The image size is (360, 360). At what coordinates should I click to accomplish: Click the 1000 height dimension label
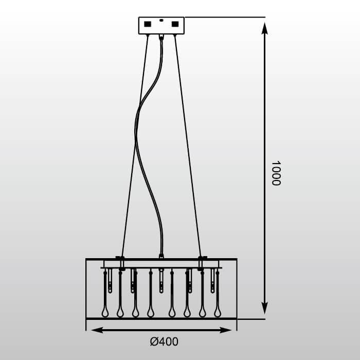(x=276, y=173)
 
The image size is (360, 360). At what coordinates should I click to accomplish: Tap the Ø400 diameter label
(x=164, y=341)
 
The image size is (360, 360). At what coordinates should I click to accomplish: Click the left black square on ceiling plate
(x=148, y=24)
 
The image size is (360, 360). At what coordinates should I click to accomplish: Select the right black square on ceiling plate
(x=175, y=24)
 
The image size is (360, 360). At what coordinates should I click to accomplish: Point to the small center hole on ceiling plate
(x=161, y=20)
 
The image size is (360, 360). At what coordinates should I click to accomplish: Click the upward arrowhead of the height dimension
(x=265, y=28)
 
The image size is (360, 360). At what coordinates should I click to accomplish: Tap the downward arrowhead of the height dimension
(x=265, y=308)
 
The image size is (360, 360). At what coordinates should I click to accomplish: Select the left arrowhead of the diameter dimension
(x=97, y=330)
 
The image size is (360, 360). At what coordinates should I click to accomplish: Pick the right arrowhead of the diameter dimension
(x=225, y=330)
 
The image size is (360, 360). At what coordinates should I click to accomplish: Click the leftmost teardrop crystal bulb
(x=105, y=312)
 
